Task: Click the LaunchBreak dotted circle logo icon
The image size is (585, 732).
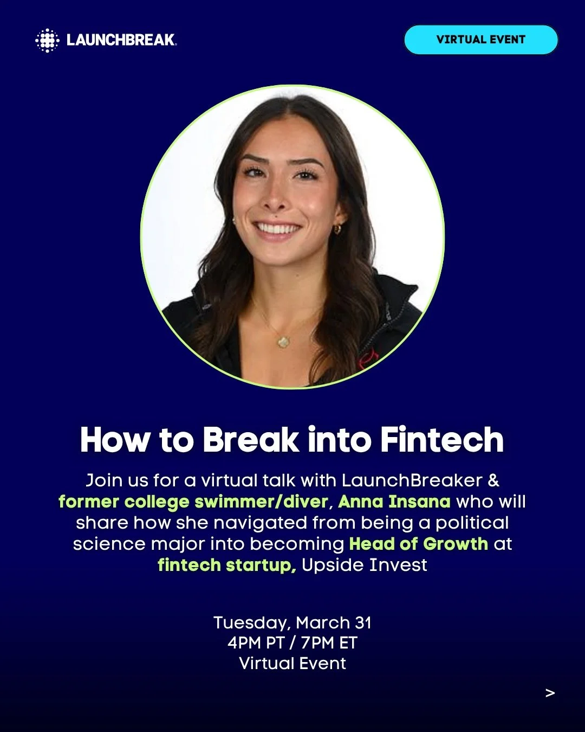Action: [47, 40]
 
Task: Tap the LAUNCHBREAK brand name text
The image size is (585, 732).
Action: [121, 40]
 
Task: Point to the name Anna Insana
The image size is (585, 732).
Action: [394, 502]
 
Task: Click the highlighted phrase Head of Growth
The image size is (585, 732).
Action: [418, 544]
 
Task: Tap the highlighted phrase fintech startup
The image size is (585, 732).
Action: [226, 565]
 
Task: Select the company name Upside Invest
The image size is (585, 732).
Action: [364, 565]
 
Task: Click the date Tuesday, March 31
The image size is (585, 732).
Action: [292, 622]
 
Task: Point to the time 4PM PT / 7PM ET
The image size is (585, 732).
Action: [292, 643]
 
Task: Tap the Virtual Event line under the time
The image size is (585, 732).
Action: [292, 663]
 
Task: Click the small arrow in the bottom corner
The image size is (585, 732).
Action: [550, 693]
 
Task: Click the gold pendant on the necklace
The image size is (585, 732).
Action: [283, 342]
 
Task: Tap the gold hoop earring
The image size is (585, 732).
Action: [337, 229]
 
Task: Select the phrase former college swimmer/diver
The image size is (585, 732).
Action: [193, 502]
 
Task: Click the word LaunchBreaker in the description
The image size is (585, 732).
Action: [412, 480]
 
